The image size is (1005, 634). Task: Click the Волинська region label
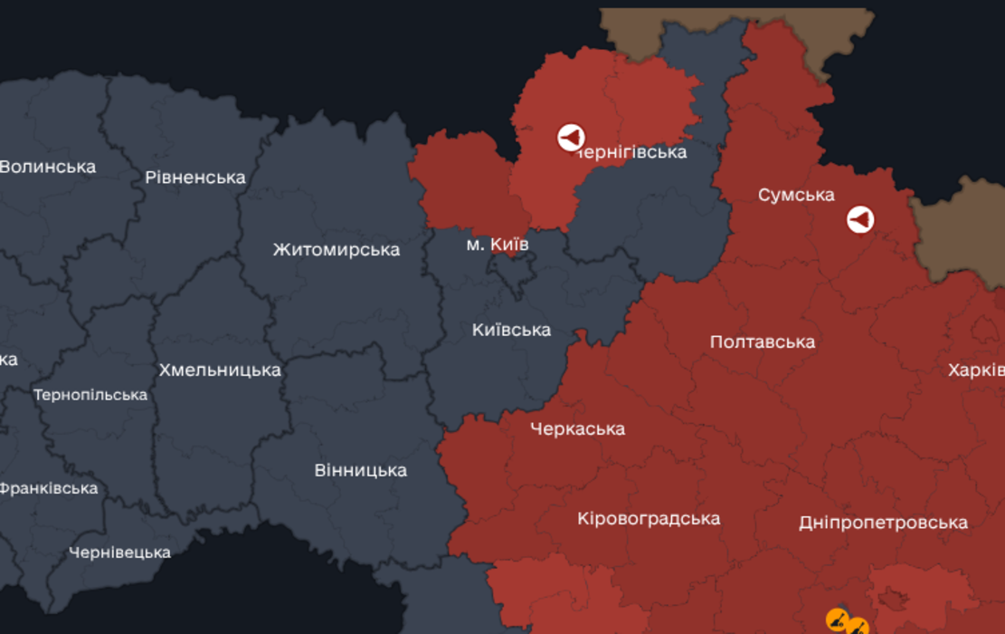[48, 167]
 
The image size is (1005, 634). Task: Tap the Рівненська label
[195, 177]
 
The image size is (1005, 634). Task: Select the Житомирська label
[337, 249]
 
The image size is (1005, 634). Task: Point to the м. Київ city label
[498, 245]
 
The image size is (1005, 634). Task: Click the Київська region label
[511, 330]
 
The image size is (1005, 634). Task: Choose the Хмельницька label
[220, 370]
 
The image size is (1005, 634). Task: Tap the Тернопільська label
[90, 395]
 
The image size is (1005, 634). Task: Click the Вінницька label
[360, 470]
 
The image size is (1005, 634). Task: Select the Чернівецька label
[119, 552]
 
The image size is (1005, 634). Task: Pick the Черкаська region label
[577, 428]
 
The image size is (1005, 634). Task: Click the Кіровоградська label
[649, 518]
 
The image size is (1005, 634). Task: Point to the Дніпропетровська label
[883, 523]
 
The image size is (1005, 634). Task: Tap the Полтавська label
[762, 341]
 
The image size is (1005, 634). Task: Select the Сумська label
[796, 195]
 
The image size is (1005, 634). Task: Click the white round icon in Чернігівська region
[571, 138]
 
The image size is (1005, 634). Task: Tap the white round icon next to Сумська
[860, 219]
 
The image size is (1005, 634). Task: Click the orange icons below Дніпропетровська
[847, 623]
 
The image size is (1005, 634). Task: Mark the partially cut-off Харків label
[976, 370]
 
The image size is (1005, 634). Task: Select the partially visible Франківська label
[49, 488]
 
